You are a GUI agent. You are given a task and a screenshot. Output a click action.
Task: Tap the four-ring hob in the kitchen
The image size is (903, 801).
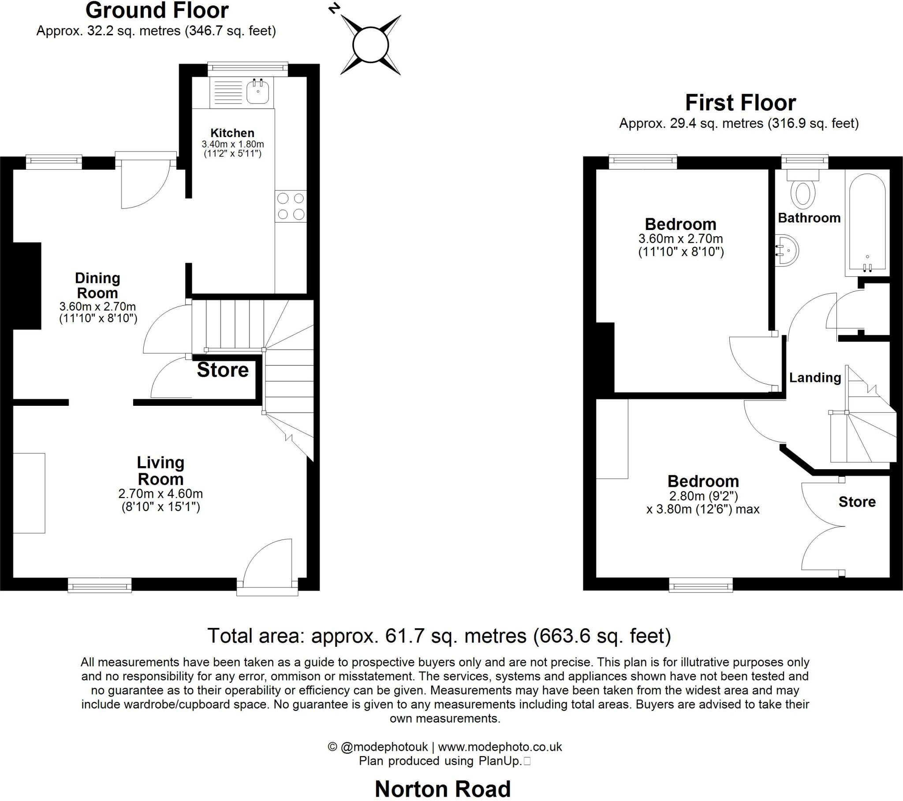pyautogui.click(x=291, y=206)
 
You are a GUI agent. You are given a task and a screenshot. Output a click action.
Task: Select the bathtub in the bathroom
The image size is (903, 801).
pyautogui.click(x=866, y=223)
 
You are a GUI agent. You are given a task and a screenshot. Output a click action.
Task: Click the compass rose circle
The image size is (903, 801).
pyautogui.click(x=371, y=44)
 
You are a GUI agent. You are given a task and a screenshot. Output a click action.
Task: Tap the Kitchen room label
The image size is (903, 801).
pyautogui.click(x=232, y=133)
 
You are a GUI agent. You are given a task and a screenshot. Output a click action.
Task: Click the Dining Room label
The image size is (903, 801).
pyautogui.click(x=97, y=285)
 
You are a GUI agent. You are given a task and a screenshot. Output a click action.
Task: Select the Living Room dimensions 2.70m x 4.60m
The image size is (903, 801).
pyautogui.click(x=160, y=493)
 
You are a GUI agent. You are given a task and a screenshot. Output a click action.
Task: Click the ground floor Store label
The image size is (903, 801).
pyautogui.click(x=223, y=370)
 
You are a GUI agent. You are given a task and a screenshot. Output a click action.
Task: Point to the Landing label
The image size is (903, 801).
pyautogui.click(x=815, y=378)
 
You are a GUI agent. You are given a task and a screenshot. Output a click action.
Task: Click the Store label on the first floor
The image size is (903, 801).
pyautogui.click(x=857, y=502)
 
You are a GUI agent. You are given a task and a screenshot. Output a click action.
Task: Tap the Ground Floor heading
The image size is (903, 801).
pyautogui.click(x=157, y=11)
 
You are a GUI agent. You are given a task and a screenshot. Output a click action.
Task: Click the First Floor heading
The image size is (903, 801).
pyautogui.click(x=740, y=103)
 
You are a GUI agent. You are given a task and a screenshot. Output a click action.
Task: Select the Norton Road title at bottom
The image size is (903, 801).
pyautogui.click(x=443, y=789)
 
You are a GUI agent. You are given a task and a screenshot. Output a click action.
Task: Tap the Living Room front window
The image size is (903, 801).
pyautogui.click(x=99, y=586)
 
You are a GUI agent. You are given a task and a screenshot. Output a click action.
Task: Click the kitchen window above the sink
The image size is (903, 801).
pyautogui.click(x=247, y=67)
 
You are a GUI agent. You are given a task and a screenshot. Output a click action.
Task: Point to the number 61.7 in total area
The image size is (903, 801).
pyautogui.click(x=402, y=636)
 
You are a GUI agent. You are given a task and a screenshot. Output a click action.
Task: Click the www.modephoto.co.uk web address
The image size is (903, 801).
pyautogui.click(x=500, y=747)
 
